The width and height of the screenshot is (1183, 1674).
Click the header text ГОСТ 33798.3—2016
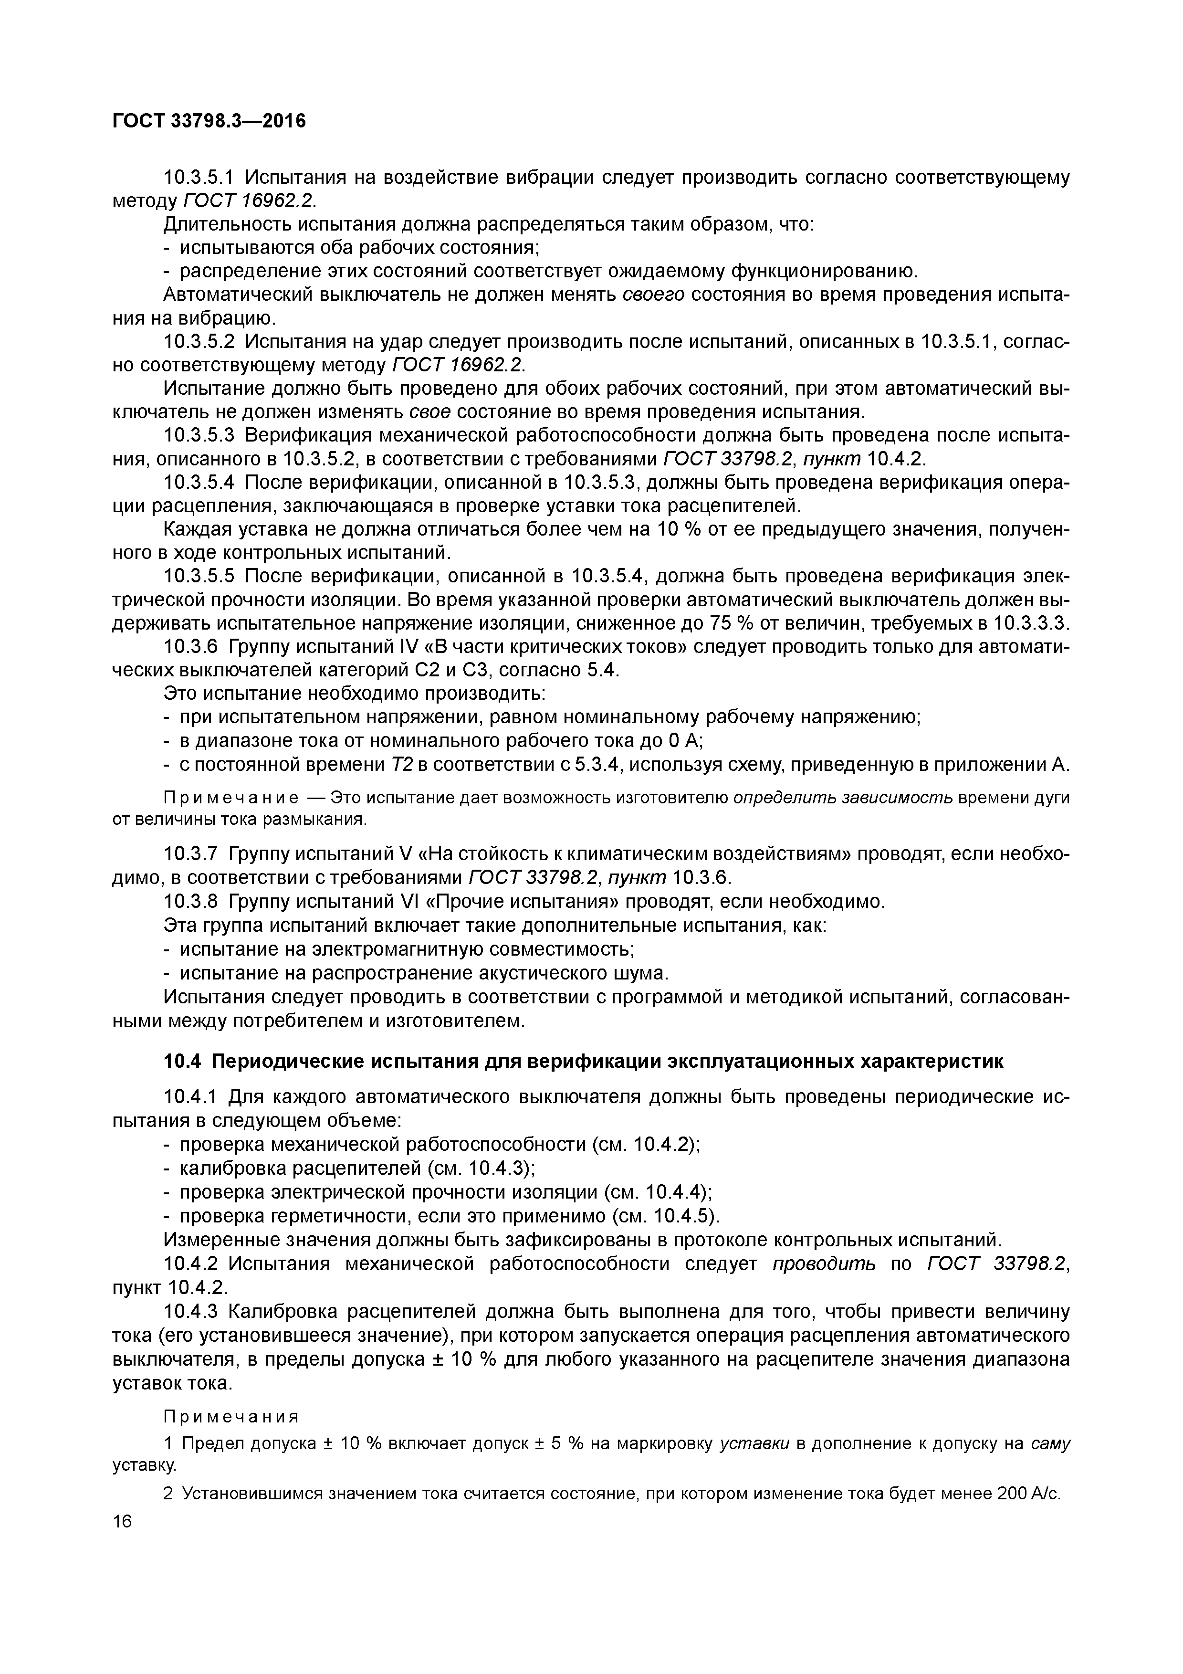click(209, 120)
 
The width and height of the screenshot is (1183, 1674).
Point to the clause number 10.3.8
click(190, 902)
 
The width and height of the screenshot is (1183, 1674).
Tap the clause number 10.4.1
click(190, 1096)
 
